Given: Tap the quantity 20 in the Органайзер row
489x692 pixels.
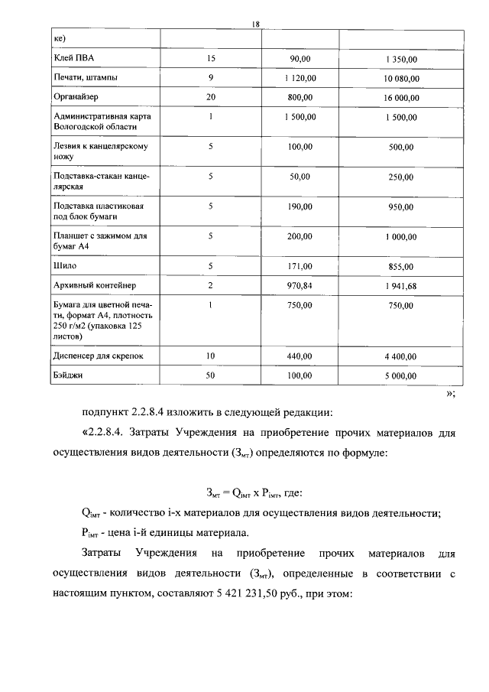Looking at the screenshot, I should point(210,98).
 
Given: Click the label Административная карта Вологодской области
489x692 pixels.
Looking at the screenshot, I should point(102,122).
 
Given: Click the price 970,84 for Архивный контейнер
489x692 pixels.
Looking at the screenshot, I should point(300,285).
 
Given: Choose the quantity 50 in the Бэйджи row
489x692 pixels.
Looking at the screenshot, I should point(210,376).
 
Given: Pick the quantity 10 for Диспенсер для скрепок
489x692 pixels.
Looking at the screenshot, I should point(210,356).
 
